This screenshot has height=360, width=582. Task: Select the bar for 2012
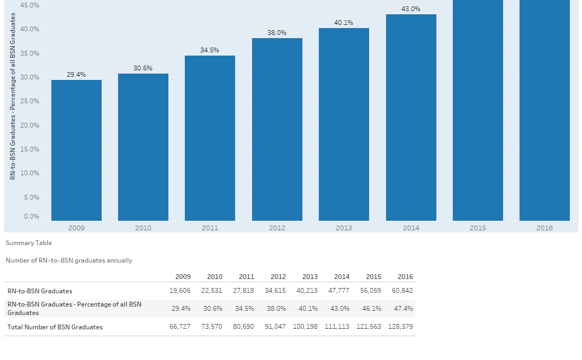pyautogui.click(x=277, y=129)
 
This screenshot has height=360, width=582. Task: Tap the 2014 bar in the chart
pyautogui.click(x=411, y=117)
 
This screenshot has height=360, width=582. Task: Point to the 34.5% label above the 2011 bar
pyautogui.click(x=210, y=50)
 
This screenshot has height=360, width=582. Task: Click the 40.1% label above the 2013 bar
pyautogui.click(x=344, y=23)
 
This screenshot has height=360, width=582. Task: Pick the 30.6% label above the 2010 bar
pyautogui.click(x=143, y=68)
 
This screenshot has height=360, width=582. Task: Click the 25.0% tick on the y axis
pyautogui.click(x=30, y=101)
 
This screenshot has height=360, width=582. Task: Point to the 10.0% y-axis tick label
pyautogui.click(x=30, y=173)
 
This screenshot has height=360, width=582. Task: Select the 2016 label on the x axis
pyautogui.click(x=544, y=228)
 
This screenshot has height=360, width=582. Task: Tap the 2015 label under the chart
pyautogui.click(x=478, y=228)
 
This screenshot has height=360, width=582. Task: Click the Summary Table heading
pyautogui.click(x=29, y=243)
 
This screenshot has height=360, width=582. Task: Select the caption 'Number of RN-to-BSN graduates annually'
pyautogui.click(x=69, y=260)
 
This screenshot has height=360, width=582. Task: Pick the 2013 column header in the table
pyautogui.click(x=310, y=277)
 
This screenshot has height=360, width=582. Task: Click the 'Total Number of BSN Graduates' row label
pyautogui.click(x=55, y=327)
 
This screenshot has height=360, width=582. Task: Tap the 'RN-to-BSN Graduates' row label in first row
pyautogui.click(x=40, y=291)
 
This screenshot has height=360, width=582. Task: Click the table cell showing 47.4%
pyautogui.click(x=404, y=309)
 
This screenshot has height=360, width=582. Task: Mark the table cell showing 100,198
pyautogui.click(x=305, y=327)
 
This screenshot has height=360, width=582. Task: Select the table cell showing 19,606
pyautogui.click(x=180, y=291)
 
